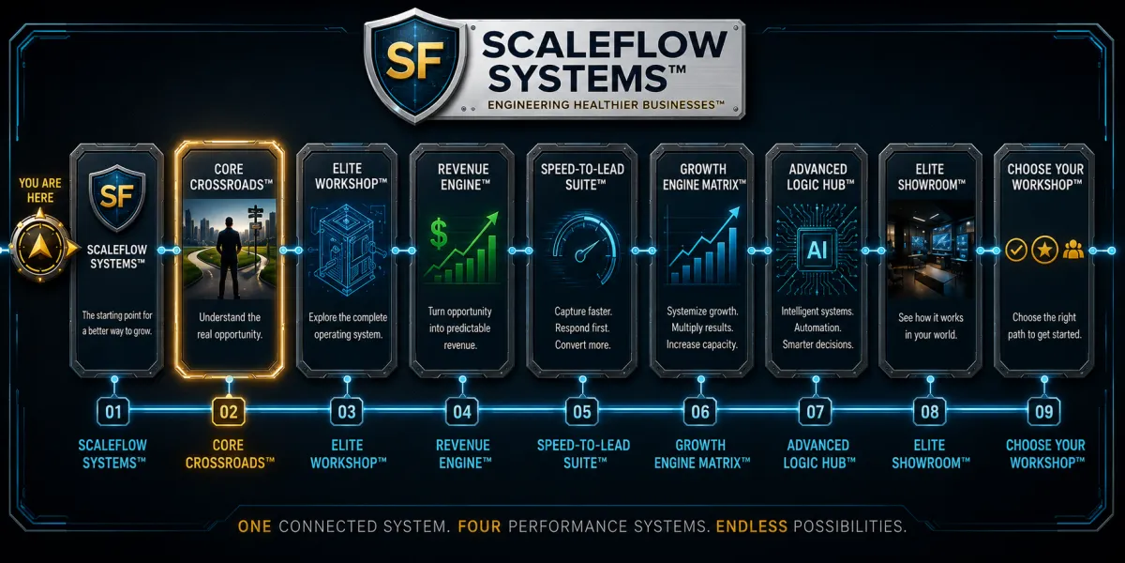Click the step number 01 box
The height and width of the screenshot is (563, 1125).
click(113, 412)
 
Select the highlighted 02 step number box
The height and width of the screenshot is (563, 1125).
click(229, 412)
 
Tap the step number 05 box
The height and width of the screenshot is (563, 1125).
click(582, 412)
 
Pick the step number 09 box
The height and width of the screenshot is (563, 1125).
click(1043, 412)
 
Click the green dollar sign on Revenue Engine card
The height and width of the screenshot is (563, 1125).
click(439, 233)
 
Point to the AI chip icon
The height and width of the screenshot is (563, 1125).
click(817, 250)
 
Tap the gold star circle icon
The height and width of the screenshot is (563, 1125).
click(1044, 250)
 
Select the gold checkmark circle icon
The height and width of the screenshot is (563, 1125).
click(1016, 250)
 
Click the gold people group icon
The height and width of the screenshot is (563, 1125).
click(1072, 250)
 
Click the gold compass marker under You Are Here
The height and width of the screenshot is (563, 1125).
click(41, 247)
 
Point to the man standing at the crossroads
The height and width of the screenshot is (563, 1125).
click(229, 251)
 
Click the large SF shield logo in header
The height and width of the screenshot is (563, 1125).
click(414, 64)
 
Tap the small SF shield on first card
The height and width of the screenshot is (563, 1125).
click(116, 197)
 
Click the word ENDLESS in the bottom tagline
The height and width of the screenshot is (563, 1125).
click(751, 526)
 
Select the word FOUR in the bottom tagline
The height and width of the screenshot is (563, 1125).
click(479, 526)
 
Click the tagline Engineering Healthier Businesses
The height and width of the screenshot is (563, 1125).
click(606, 105)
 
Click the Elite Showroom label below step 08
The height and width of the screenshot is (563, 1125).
click(930, 454)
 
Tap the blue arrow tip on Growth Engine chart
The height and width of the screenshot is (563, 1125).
click(735, 210)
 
